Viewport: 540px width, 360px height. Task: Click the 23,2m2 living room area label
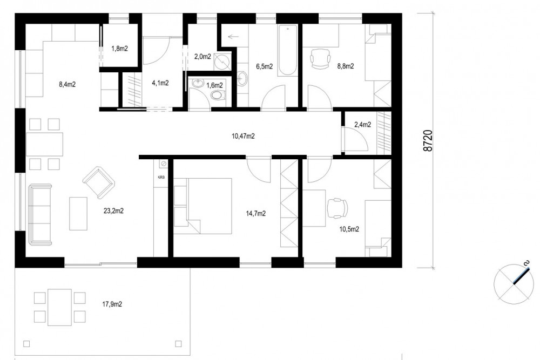tap(113, 211)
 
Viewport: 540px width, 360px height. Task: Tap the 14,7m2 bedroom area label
tap(255, 214)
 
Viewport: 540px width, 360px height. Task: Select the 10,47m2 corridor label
tap(243, 137)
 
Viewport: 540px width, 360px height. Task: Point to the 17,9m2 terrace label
tap(112, 304)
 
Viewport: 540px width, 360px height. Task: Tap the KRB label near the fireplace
tap(161, 178)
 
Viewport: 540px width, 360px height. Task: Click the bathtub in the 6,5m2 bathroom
tap(287, 50)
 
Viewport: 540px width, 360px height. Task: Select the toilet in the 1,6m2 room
tap(217, 94)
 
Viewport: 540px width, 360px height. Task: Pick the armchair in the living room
tap(98, 183)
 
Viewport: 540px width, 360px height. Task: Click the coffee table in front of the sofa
tap(78, 213)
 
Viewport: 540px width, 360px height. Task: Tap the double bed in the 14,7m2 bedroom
tap(203, 206)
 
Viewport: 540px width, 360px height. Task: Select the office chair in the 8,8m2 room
tap(320, 58)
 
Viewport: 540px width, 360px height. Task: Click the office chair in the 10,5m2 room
tap(337, 208)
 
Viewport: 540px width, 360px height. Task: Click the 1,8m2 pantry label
tap(119, 49)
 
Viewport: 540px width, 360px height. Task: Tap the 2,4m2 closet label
tap(363, 125)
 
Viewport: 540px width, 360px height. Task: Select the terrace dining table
tap(59, 307)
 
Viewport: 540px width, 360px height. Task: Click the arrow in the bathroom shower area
tap(233, 36)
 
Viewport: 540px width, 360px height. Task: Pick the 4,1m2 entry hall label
tap(160, 83)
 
